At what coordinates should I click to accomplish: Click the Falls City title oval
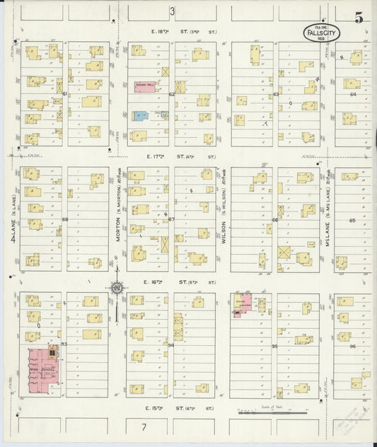point(321,33)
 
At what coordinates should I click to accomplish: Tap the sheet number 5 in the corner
point(359,18)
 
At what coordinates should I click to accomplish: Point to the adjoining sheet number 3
point(172,11)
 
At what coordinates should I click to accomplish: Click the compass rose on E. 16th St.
point(117,288)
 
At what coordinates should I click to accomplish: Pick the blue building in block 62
point(140,115)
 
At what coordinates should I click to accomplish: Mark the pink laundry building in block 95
point(243,303)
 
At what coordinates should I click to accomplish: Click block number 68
point(64,219)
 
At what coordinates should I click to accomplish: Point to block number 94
point(171,345)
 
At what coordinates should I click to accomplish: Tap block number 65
point(353,221)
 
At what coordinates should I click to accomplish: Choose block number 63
point(277,93)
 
